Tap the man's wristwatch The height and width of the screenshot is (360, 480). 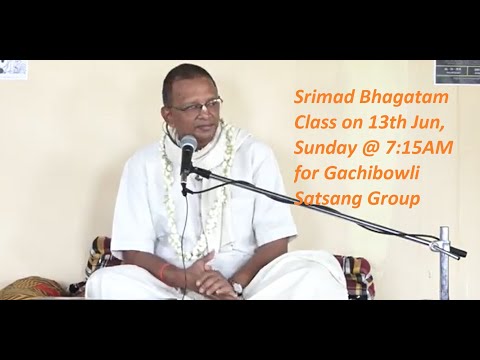click(x=237, y=287)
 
